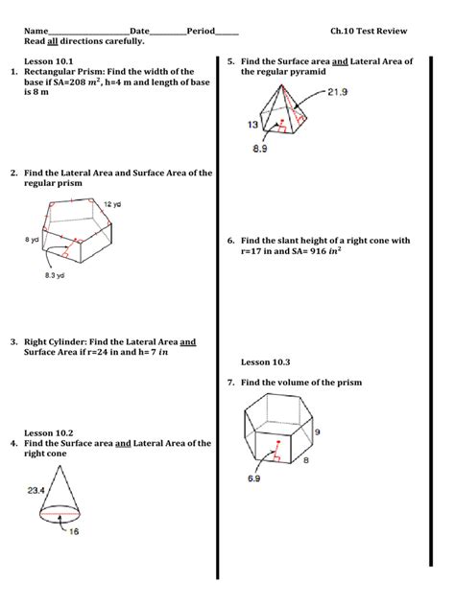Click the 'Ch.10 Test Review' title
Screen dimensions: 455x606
tap(369, 31)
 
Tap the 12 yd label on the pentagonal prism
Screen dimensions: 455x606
tap(112, 204)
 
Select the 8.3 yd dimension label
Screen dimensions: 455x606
tap(55, 275)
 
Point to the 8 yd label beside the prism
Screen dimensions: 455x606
tap(32, 240)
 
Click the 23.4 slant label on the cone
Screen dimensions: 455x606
tap(36, 490)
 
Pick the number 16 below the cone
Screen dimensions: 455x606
tap(74, 531)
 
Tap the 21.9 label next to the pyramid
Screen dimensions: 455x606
tap(337, 92)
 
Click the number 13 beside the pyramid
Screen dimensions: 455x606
tap(252, 125)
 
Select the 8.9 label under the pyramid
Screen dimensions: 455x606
tap(259, 149)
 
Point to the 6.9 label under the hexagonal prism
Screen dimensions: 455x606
tap(253, 478)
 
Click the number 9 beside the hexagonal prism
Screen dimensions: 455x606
tap(318, 431)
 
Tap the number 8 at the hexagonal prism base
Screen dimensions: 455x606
tap(306, 460)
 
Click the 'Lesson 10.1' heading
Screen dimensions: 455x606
tap(48, 61)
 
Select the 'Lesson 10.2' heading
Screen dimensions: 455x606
tap(48, 432)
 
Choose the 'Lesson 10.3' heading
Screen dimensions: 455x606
tap(265, 362)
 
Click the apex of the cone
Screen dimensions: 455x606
tap(60, 466)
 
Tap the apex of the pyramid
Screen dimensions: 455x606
tap(281, 83)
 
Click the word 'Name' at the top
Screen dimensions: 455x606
tap(36, 31)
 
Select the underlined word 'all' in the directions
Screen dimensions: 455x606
tap(52, 41)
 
